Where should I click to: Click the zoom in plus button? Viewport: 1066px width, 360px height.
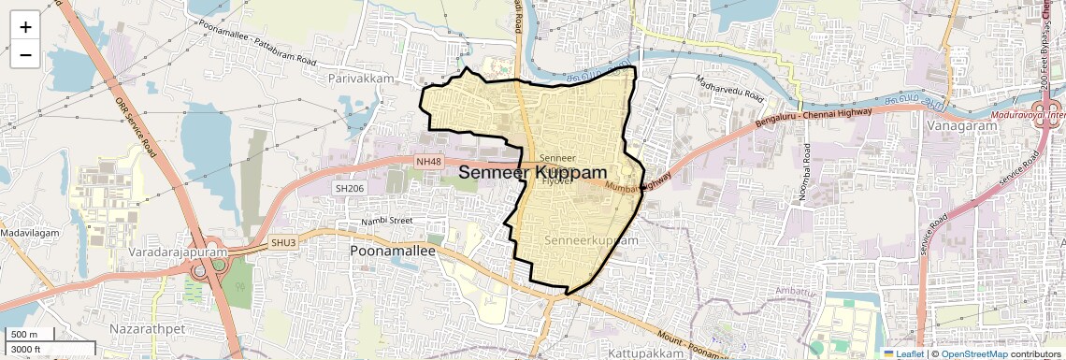25,26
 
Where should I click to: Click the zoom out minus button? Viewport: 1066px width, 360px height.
25,54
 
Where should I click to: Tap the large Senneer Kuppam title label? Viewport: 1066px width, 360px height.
532,173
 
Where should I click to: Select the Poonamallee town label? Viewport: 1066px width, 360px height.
393,252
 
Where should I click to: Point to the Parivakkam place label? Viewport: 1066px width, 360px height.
362,79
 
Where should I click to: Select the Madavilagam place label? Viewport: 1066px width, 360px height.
30,232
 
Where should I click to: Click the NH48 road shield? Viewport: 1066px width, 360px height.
428,163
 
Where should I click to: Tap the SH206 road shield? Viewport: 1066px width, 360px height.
350,188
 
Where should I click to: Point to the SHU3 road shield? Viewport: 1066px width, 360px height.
283,242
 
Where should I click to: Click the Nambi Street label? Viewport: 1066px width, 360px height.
387,221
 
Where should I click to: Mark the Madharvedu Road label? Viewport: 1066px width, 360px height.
730,90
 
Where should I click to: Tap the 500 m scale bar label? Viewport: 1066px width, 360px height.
24,335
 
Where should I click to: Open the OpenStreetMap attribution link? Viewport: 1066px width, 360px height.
973,353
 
